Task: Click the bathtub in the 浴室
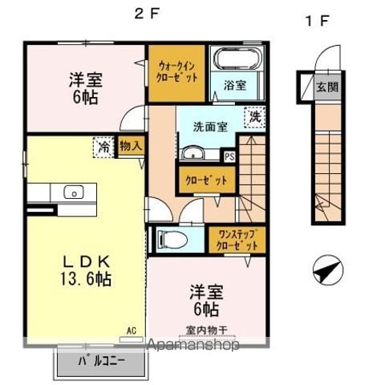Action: click(237, 59)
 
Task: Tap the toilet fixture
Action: click(172, 238)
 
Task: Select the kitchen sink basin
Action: click(74, 192)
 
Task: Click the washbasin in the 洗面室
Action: click(193, 153)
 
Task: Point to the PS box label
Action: click(229, 157)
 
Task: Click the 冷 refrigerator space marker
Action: click(103, 147)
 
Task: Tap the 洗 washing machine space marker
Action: click(255, 117)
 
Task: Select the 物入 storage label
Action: click(131, 146)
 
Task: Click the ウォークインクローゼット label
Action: click(176, 72)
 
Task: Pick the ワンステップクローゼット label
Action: click(237, 240)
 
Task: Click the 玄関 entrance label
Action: click(327, 87)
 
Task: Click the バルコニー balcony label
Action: click(102, 362)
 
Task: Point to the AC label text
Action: click(132, 330)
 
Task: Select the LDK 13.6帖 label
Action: click(86, 270)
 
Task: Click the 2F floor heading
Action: click(147, 14)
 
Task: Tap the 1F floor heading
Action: click(317, 21)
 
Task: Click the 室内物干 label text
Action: click(206, 330)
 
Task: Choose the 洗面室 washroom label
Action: click(210, 127)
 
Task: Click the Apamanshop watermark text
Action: click(193, 345)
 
